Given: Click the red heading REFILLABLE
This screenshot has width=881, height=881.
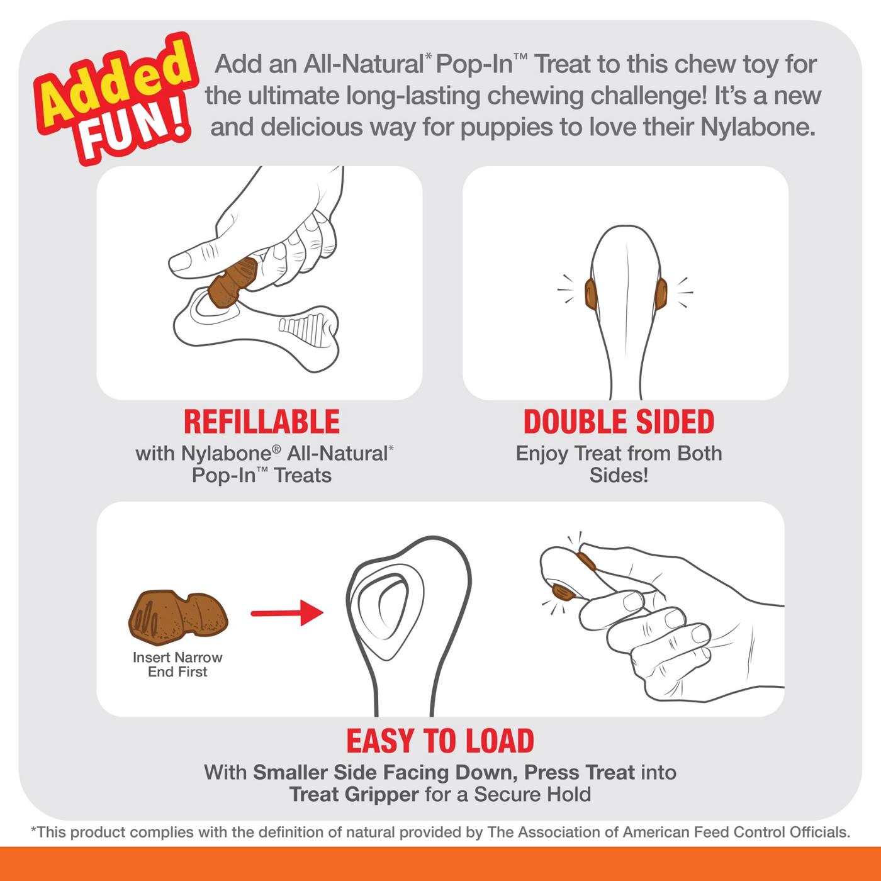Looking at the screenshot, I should [x=261, y=422].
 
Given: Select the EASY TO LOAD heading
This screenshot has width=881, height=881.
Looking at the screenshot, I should [x=440, y=741].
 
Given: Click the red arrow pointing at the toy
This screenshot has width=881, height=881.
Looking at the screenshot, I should [x=286, y=612].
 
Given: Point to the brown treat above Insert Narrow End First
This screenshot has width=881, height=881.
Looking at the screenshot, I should [x=178, y=613].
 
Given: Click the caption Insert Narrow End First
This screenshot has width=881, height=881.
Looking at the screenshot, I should [x=177, y=665].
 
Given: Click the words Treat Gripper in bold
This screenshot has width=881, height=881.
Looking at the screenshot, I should [x=354, y=794].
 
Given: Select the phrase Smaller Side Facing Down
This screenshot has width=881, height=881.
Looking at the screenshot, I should [x=385, y=772].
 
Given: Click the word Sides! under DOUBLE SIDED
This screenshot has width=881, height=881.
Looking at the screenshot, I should [x=619, y=475].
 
